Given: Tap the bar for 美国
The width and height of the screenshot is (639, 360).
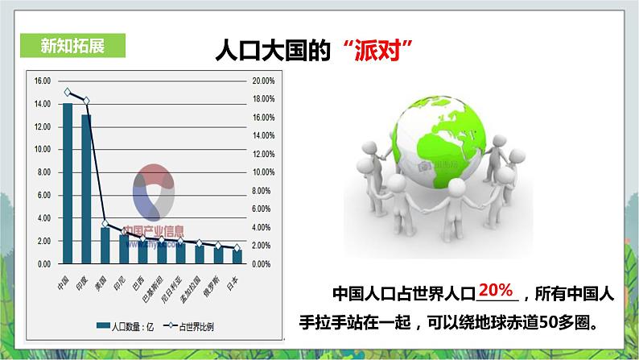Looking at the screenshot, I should point(105,246).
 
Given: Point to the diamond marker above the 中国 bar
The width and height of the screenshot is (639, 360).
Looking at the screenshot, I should point(68,93).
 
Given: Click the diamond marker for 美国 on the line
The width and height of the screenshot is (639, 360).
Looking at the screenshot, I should point(105,223).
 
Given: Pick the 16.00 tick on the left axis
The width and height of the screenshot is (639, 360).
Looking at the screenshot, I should point(42,81).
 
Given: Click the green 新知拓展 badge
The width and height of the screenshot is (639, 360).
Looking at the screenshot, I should point(72,45).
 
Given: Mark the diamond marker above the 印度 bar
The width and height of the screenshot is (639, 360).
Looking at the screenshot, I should point(86,101).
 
